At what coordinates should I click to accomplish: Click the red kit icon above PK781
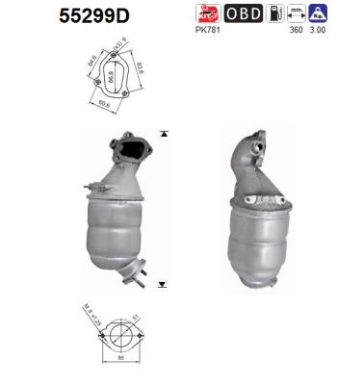[x=207, y=13]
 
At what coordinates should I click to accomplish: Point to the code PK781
[x=207, y=31]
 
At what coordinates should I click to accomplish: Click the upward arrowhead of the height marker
[x=163, y=132]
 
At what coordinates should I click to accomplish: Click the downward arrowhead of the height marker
[x=163, y=286]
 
